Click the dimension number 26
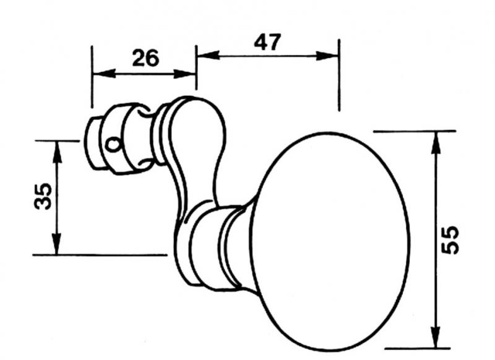(x=145, y=58)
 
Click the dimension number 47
(x=267, y=42)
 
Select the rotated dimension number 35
(x=43, y=196)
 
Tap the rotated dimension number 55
(x=450, y=240)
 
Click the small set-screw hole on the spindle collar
(x=113, y=145)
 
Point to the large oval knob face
(x=330, y=242)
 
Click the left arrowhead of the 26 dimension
(x=104, y=74)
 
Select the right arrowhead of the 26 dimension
(x=185, y=74)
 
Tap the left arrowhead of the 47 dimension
(x=208, y=55)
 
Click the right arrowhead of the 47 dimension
(x=327, y=56)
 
